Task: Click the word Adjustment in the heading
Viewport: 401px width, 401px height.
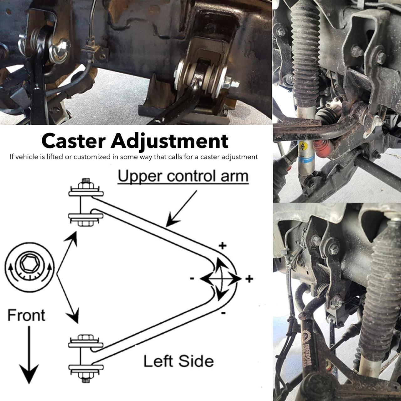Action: click(169, 142)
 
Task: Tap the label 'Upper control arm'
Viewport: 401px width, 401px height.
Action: click(183, 176)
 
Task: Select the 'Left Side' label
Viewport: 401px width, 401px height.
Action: click(179, 361)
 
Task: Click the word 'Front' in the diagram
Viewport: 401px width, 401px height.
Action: click(26, 315)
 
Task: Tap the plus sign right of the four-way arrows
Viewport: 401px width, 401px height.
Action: click(249, 279)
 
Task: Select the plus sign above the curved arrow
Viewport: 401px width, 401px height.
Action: click(222, 246)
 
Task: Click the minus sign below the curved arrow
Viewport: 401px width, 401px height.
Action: click(223, 313)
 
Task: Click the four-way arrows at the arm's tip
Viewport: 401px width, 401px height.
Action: click(221, 278)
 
